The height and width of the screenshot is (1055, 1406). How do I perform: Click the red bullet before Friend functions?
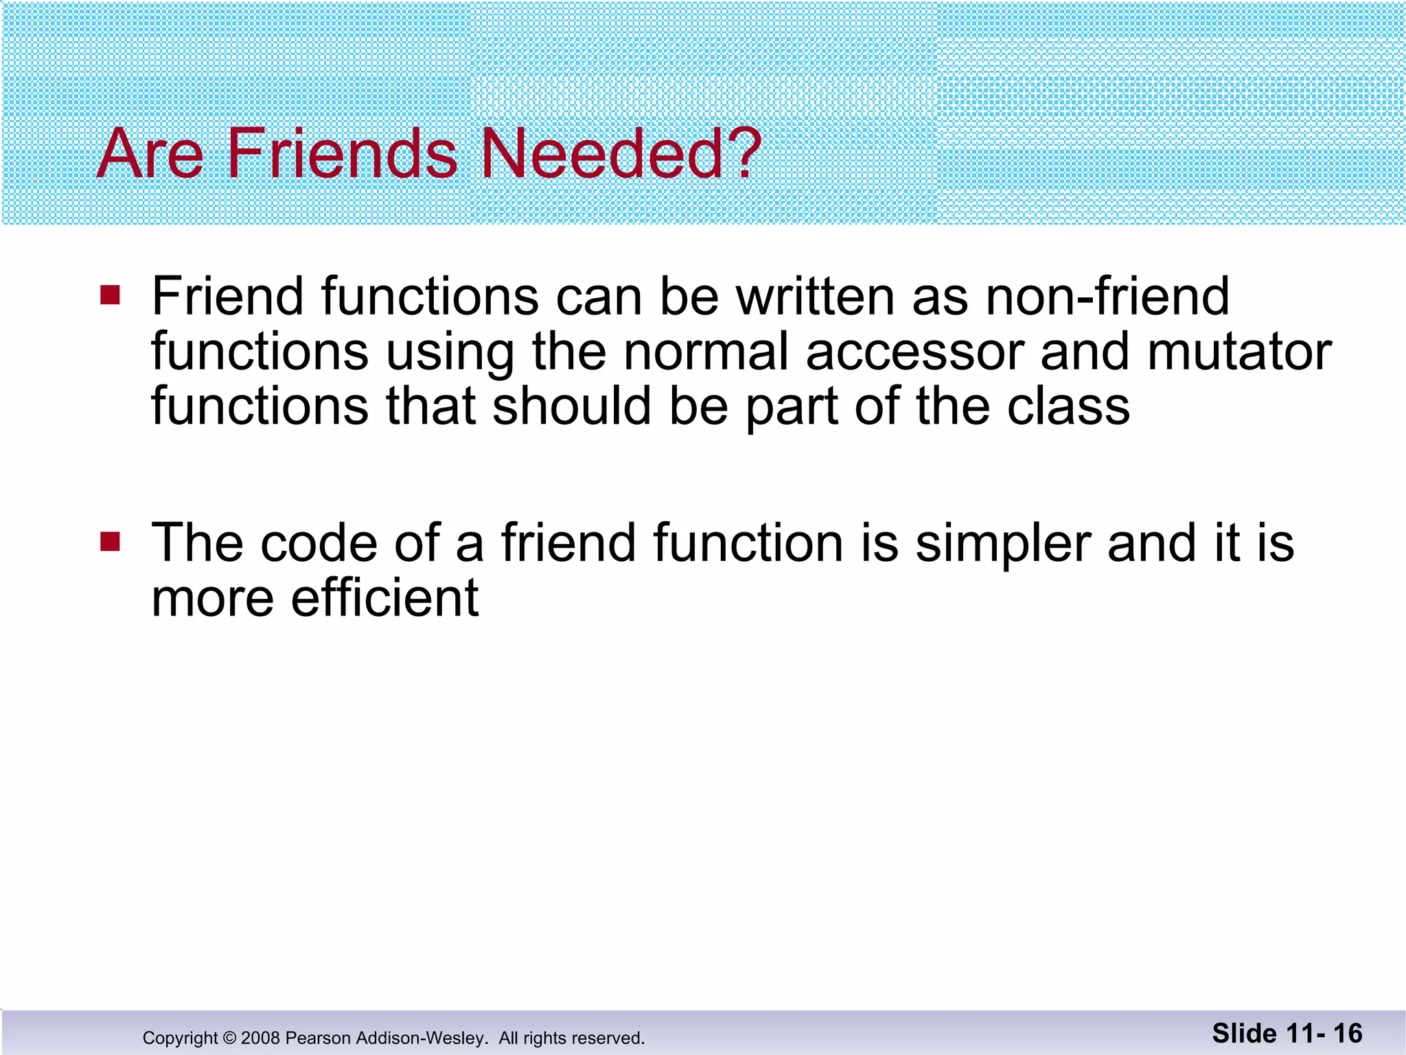pos(110,295)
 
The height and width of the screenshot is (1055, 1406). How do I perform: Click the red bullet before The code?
pos(110,542)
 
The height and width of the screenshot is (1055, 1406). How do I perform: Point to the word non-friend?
pos(1107,297)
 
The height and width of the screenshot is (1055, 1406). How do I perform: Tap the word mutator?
pos(1239,352)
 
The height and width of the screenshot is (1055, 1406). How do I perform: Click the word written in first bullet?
pos(816,297)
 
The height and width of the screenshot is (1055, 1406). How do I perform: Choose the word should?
pos(572,407)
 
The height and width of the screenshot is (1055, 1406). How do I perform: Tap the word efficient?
pos(384,598)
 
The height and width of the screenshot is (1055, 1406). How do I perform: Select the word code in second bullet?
pos(319,543)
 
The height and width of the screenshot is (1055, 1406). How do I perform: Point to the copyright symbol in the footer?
pos(229,1038)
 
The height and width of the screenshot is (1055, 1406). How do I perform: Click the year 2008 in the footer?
pos(260,1038)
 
